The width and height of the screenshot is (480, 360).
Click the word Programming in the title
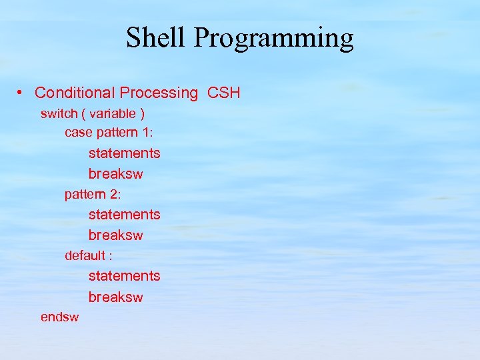click(x=273, y=39)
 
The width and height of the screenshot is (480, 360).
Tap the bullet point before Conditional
click(x=22, y=93)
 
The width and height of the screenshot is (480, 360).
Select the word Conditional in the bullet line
click(x=75, y=93)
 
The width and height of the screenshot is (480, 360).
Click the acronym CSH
click(x=224, y=93)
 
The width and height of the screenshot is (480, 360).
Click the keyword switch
click(x=59, y=113)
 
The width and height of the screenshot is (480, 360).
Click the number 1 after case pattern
click(x=147, y=133)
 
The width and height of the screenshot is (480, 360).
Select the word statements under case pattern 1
click(x=124, y=153)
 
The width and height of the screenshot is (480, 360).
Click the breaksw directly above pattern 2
click(x=115, y=174)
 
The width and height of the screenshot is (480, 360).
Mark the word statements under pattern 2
click(x=124, y=215)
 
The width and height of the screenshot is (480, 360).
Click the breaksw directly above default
click(x=115, y=235)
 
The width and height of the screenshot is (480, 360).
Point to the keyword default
click(x=85, y=255)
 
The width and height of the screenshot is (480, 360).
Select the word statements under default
click(x=124, y=276)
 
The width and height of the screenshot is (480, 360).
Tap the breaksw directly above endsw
click(x=115, y=297)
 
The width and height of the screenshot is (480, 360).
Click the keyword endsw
click(x=59, y=317)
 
